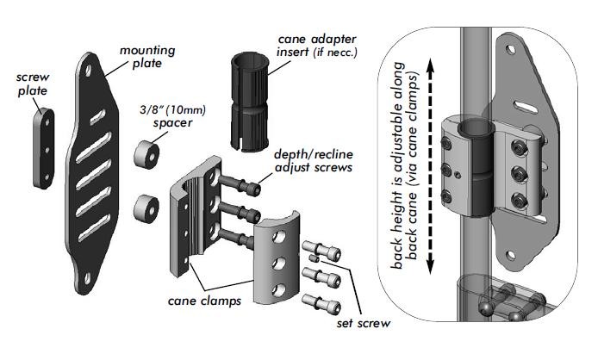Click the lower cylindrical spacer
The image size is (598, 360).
tap(146, 208)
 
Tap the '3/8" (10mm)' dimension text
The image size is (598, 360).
tap(165, 110)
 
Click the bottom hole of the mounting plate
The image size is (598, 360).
tap(89, 276)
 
